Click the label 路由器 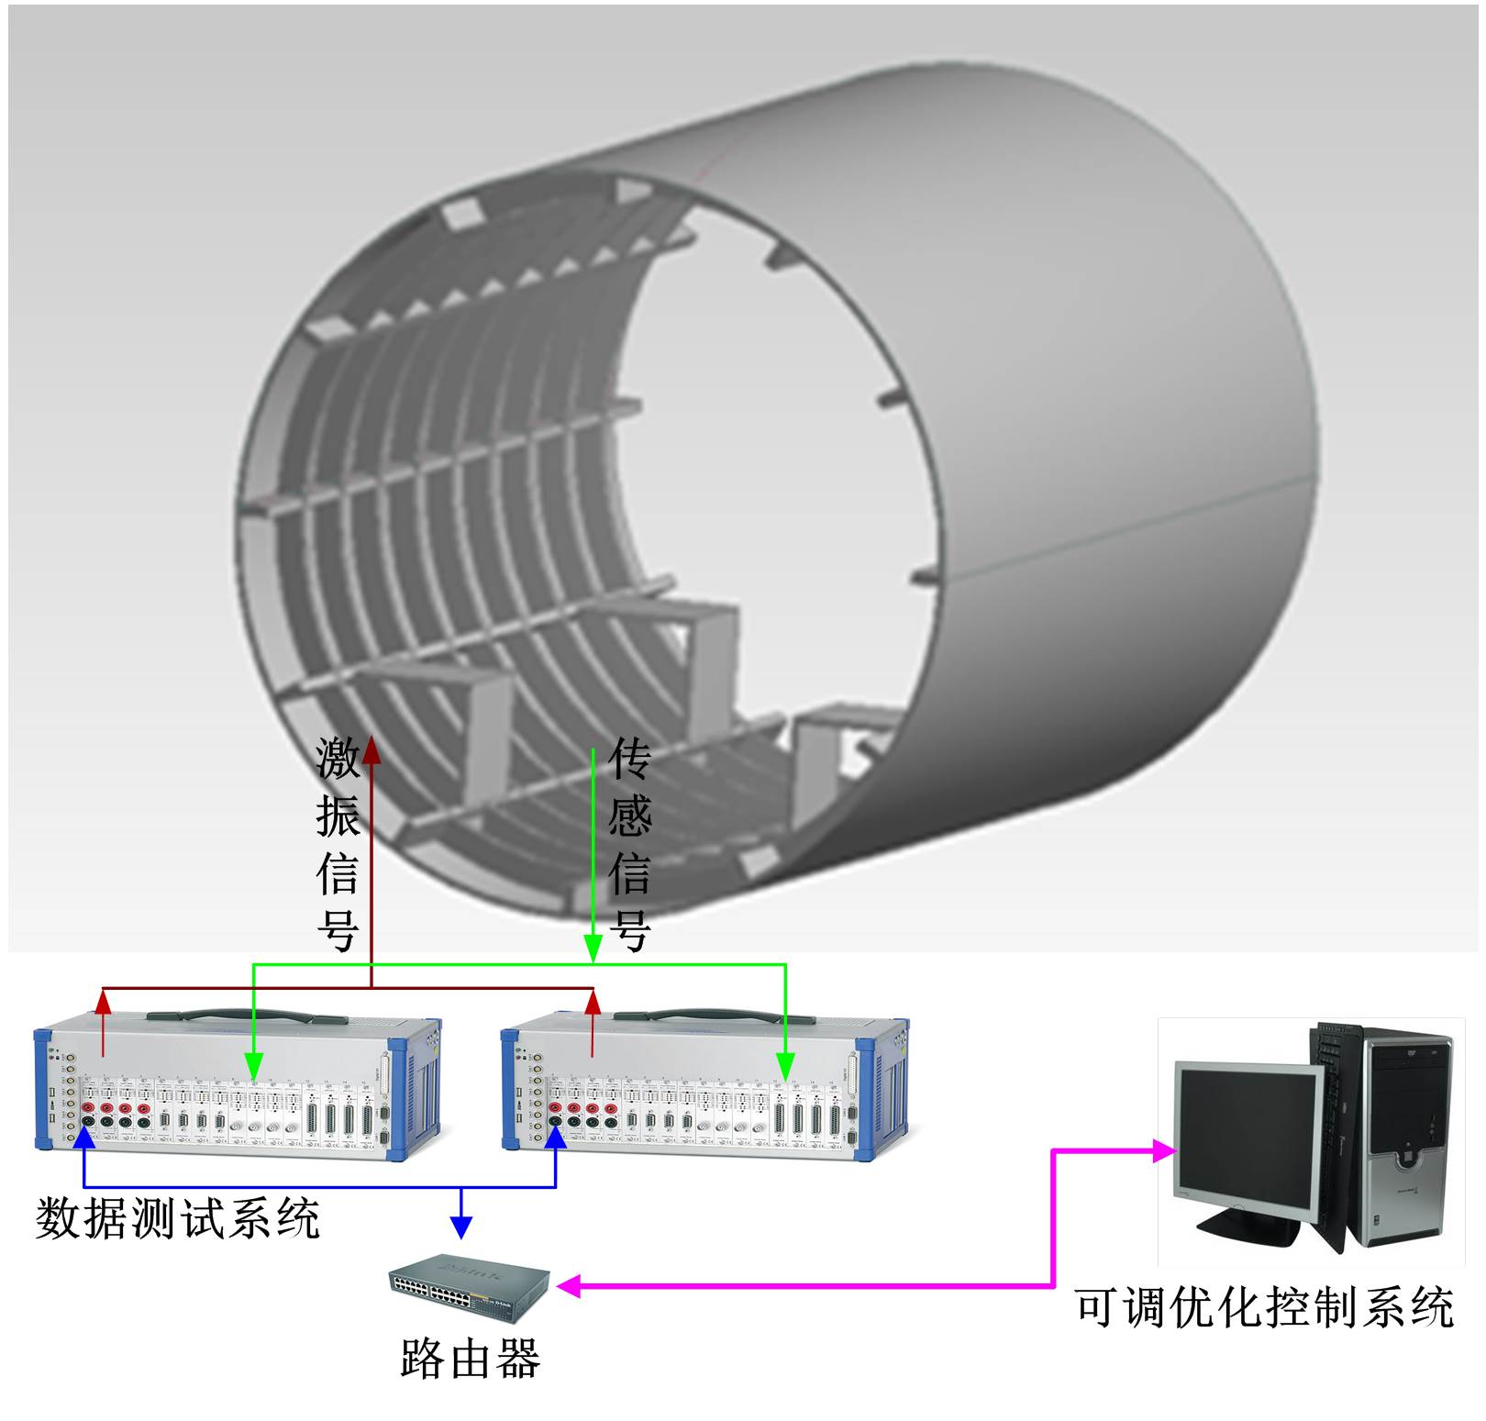point(470,1359)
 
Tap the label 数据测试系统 point(177,1218)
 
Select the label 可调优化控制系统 point(1264,1307)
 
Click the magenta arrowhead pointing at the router point(569,1286)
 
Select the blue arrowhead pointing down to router point(461,1227)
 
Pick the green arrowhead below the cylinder point(593,949)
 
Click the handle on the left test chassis point(248,1016)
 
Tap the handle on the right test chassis point(714,1016)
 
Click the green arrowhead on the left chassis point(254,1066)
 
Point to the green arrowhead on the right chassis point(785,1066)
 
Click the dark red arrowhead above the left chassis point(103,1002)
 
